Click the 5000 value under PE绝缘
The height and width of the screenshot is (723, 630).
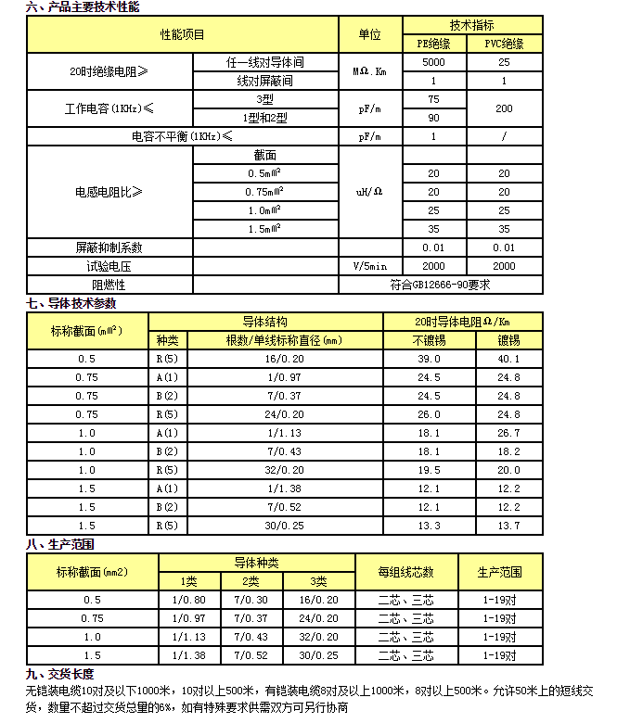(x=433, y=63)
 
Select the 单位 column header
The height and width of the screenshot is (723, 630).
(x=369, y=35)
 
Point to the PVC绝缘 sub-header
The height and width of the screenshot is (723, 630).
(x=504, y=44)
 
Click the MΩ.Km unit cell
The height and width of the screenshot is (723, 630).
(x=369, y=71)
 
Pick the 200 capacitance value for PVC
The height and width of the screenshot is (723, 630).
(x=504, y=108)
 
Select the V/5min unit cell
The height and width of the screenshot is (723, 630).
(x=369, y=266)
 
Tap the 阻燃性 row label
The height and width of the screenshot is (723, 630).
(x=109, y=285)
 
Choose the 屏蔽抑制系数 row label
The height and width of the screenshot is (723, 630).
(x=109, y=247)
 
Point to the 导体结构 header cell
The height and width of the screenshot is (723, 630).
(x=265, y=322)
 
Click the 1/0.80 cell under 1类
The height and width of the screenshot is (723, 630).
(x=188, y=600)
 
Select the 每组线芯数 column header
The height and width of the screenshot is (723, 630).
(x=405, y=572)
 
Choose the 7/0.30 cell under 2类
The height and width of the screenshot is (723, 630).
(x=251, y=600)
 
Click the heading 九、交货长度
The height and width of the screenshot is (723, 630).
(x=60, y=674)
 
